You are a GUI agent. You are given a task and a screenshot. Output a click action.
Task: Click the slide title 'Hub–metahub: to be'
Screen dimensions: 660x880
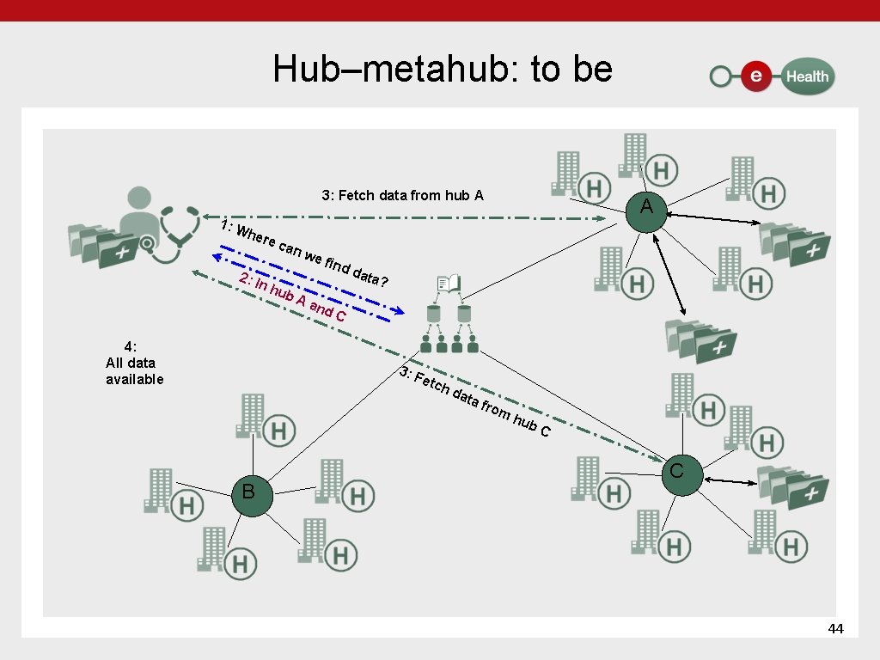pos(443,70)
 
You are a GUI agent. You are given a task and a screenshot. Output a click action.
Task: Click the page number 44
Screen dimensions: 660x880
pos(835,629)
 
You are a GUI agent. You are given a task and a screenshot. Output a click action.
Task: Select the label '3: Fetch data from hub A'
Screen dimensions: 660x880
pos(402,195)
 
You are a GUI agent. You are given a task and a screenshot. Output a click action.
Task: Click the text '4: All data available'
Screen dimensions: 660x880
pos(134,363)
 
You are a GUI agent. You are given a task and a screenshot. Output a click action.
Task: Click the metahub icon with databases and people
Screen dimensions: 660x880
pos(448,327)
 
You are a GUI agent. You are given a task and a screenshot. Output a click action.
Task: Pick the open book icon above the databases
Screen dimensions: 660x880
pos(448,283)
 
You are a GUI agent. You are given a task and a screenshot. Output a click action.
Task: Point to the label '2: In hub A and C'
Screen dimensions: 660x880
pos(292,298)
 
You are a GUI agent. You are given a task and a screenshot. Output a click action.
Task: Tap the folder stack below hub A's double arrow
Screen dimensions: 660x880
pos(700,338)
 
